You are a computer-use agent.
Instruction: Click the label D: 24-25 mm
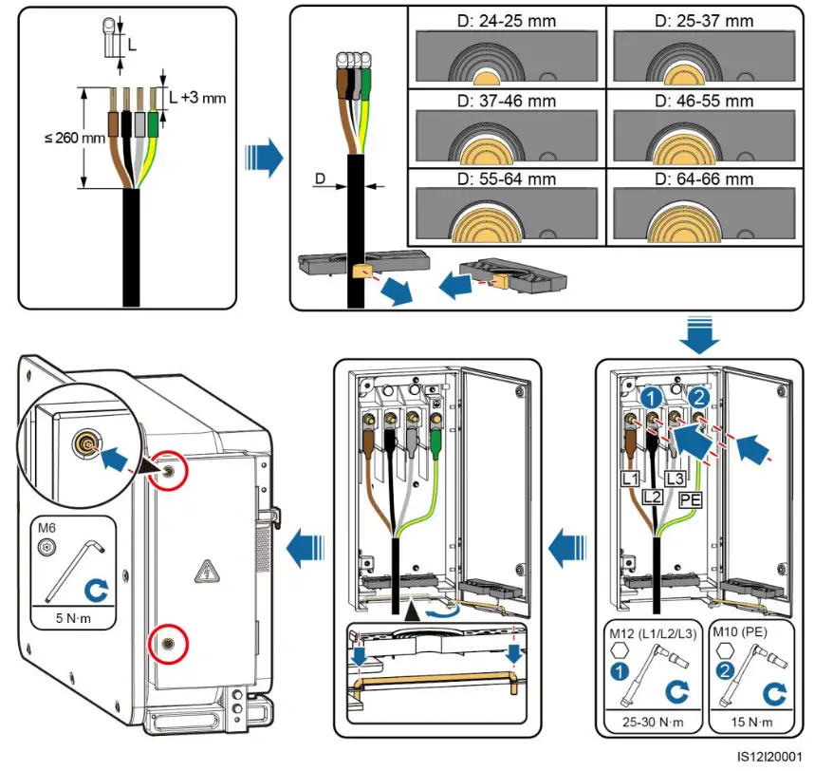(502, 19)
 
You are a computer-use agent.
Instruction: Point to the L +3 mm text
(197, 99)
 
